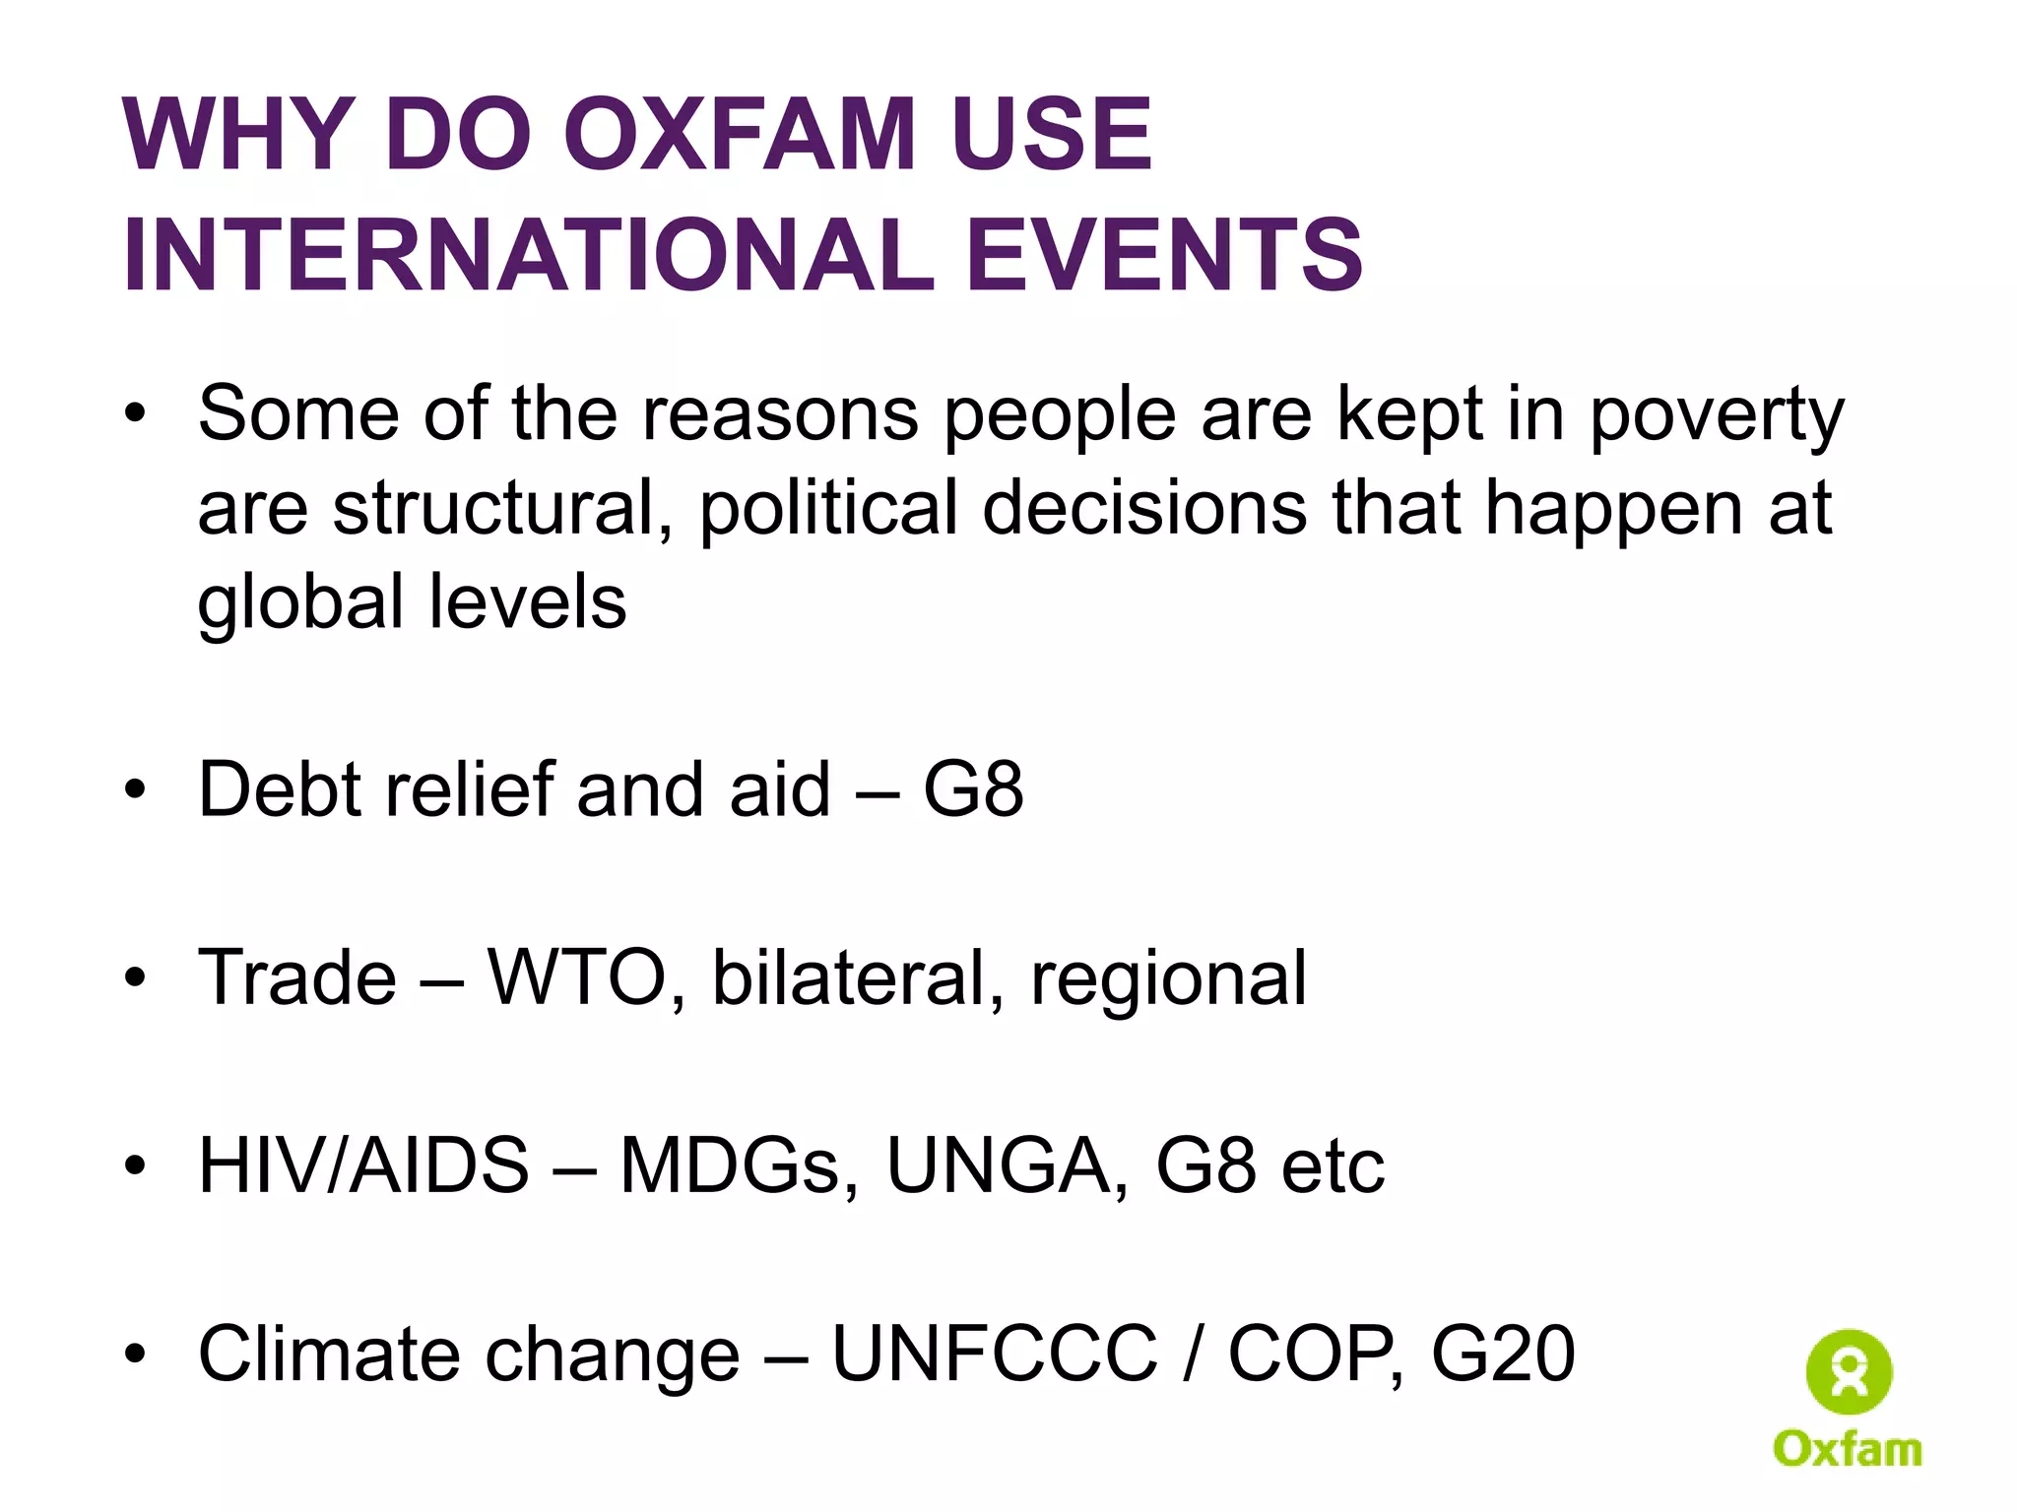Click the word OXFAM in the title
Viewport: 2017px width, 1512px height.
[x=739, y=135]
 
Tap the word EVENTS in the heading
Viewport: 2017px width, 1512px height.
[x=1165, y=255]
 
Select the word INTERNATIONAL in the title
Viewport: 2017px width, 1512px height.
[x=528, y=255]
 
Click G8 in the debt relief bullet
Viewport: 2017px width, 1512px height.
[x=973, y=789]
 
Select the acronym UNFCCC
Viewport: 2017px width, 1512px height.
[x=995, y=1354]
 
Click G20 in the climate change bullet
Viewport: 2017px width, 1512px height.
[x=1503, y=1354]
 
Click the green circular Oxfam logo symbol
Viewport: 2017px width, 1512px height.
[x=1849, y=1372]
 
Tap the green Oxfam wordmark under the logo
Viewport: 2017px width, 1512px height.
[x=1848, y=1449]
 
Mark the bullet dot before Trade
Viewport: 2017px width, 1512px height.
[x=135, y=978]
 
